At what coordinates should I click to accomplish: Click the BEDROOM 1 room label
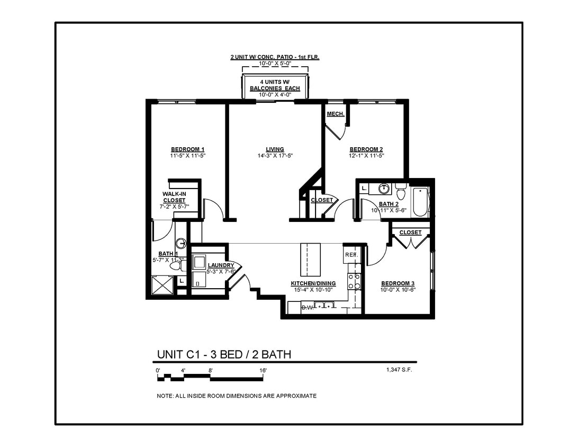coord(187,149)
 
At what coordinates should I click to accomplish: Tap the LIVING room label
coord(275,149)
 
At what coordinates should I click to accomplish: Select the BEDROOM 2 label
coord(366,149)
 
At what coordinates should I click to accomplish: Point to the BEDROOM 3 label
coord(398,283)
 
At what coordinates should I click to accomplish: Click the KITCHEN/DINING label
coord(313,283)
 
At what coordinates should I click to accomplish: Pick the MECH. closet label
coord(336,114)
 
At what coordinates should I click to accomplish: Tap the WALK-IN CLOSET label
coord(174,197)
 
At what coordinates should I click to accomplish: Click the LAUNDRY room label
coord(221,265)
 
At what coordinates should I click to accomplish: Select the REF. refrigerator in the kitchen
coord(351,255)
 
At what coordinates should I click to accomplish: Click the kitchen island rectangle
coord(311,260)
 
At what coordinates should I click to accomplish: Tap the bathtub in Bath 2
coord(420,201)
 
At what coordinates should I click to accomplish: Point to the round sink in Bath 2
coord(385,189)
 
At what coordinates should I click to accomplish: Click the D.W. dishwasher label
coord(308,307)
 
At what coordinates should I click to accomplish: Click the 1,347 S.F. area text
coord(399,370)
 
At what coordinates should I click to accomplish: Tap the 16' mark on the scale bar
coord(263,371)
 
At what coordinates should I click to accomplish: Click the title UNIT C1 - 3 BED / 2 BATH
coord(224,354)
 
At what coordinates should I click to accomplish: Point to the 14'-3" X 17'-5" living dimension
coord(275,156)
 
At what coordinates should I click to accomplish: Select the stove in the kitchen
coord(354,281)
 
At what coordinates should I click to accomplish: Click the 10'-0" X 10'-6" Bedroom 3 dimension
coord(398,289)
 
